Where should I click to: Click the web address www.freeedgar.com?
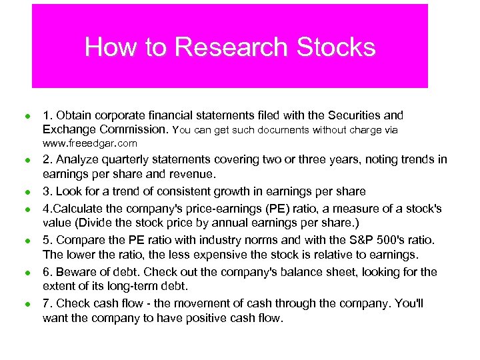click(x=90, y=143)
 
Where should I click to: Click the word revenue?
click(x=193, y=175)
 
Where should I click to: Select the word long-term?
click(x=145, y=286)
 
